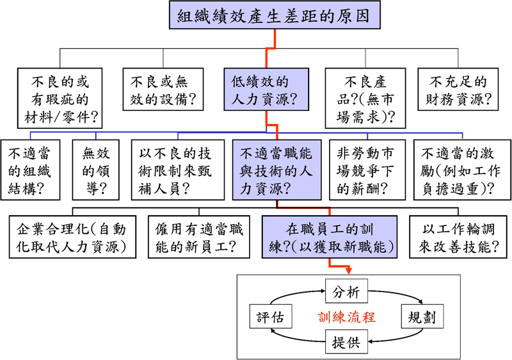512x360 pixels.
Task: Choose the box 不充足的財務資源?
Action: click(461, 90)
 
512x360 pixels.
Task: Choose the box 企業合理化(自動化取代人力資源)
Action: click(73, 236)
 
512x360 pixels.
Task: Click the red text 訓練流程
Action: click(346, 317)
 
